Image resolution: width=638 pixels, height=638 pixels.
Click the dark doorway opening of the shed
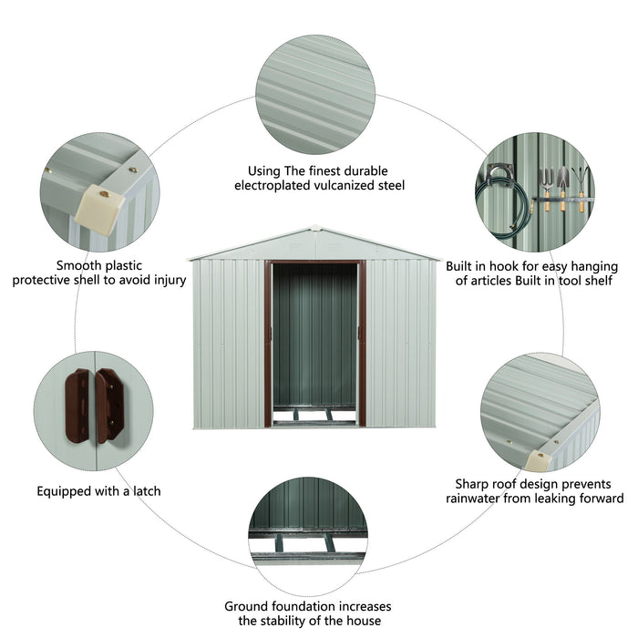tap(315, 337)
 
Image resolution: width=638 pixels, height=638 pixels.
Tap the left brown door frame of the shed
tap(269, 344)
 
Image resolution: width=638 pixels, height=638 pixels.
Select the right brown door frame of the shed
tap(362, 344)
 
